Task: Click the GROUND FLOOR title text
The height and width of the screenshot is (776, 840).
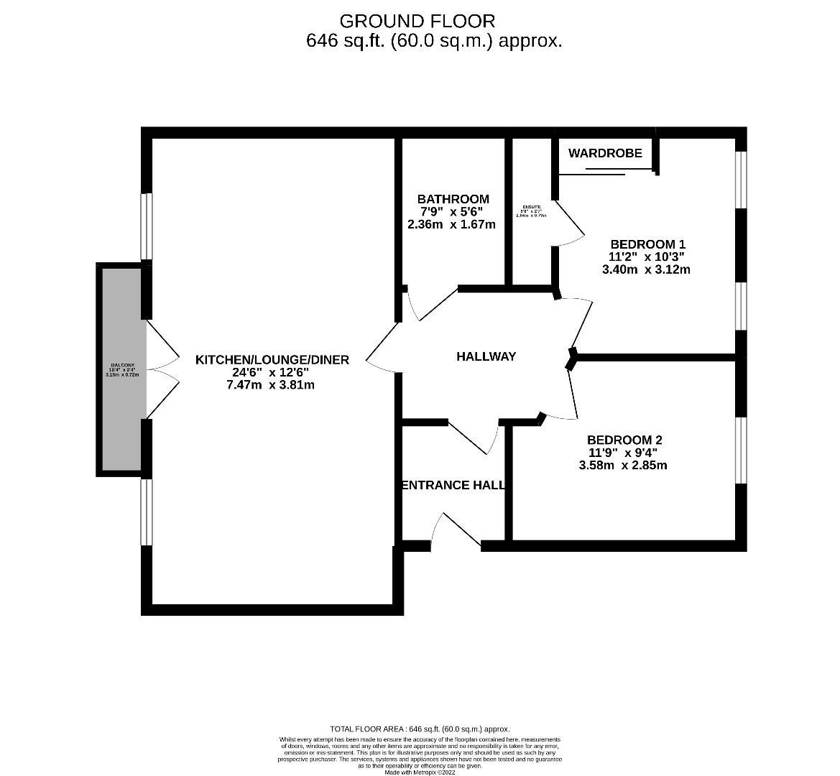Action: click(417, 21)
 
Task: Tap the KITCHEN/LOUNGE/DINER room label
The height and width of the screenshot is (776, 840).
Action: click(272, 359)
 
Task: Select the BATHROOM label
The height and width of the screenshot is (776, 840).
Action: click(453, 199)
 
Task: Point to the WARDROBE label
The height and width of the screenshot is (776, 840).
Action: click(605, 153)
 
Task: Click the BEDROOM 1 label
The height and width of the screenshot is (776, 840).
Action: click(642, 244)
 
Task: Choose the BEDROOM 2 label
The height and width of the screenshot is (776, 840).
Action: click(624, 440)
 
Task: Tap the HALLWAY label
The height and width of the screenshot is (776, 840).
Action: click(486, 356)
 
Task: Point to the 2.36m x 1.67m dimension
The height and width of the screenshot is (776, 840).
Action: click(451, 224)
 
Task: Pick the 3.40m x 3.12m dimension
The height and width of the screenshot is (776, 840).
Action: click(646, 269)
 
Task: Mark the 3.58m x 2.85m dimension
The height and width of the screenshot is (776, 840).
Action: click(623, 465)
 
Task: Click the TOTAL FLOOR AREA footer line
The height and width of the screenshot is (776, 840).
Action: click(420, 728)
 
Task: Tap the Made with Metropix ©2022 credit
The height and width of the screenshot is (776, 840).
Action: click(420, 772)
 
